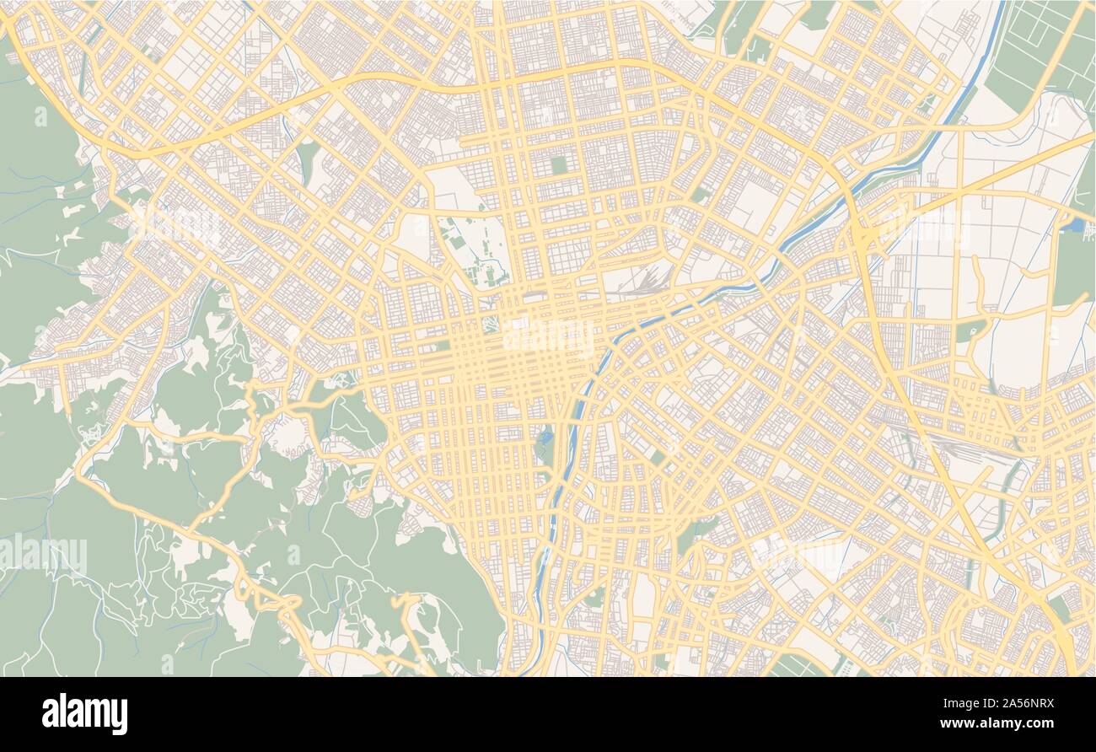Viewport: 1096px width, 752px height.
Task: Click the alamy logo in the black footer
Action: point(84,713)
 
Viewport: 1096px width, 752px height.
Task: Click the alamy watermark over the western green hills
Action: point(44,554)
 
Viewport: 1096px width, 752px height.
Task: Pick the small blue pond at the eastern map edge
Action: point(1072,225)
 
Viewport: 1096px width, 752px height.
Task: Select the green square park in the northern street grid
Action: point(559,164)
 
